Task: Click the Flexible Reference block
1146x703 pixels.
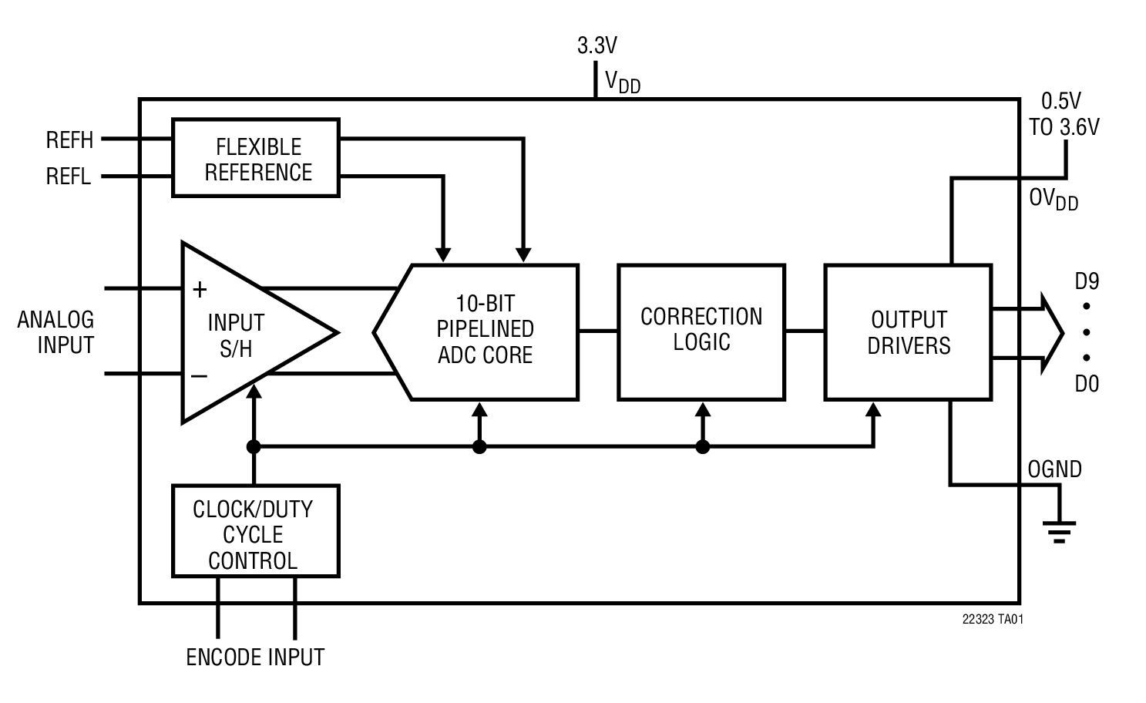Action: tap(256, 158)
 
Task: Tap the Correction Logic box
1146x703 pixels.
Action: tap(701, 331)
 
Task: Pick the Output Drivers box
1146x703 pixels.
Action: tap(908, 332)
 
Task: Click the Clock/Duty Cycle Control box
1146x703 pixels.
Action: tap(255, 531)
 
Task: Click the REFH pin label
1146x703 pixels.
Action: tap(69, 140)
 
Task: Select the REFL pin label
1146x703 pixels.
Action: tap(69, 177)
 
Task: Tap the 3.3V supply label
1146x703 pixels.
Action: tap(597, 46)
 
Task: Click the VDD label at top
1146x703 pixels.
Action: tap(622, 82)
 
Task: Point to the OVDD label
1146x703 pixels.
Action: tap(1053, 200)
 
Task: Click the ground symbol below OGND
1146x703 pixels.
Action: tap(1059, 531)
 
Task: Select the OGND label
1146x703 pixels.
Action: tap(1054, 469)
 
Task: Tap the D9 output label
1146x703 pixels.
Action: tap(1087, 281)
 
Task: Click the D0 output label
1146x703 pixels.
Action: tap(1087, 383)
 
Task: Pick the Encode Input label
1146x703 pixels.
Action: tap(255, 658)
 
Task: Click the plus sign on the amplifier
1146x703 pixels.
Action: tap(200, 290)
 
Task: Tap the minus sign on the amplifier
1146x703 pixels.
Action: tap(199, 376)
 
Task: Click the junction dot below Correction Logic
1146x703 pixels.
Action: tap(702, 446)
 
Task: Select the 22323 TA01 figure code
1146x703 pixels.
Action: tap(993, 619)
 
